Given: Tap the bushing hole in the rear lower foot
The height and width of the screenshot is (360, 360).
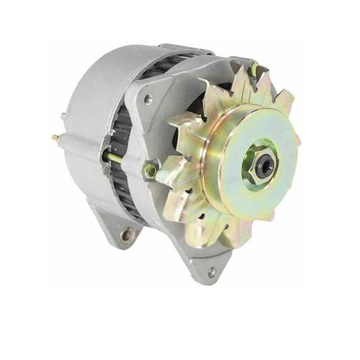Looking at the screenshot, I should click(x=126, y=234).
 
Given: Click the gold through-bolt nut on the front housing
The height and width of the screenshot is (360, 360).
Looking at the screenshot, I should click(x=151, y=170).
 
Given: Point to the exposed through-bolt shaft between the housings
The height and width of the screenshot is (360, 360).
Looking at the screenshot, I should click(x=115, y=158).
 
